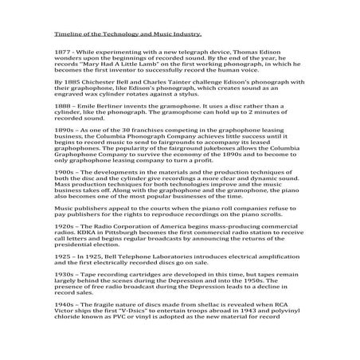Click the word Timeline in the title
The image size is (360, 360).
(x=66, y=35)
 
